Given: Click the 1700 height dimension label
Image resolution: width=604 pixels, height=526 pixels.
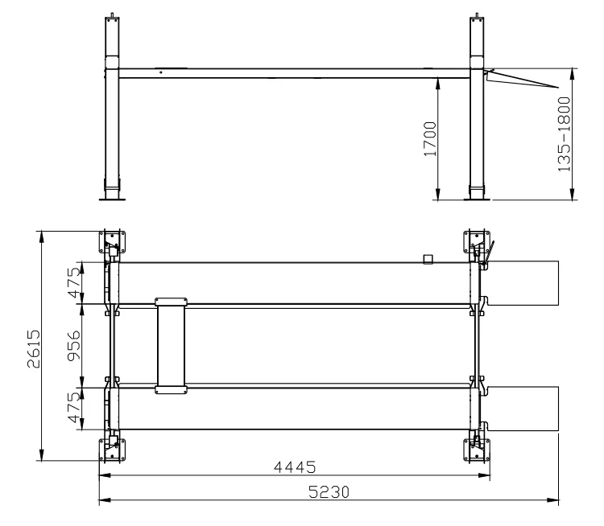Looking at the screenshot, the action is [430, 139].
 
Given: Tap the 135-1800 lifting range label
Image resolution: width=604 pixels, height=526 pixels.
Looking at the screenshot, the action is [564, 134].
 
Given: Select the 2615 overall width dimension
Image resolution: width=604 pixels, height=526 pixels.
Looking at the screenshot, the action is [34, 348].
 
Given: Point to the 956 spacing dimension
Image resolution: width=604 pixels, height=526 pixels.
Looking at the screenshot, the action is [74, 346].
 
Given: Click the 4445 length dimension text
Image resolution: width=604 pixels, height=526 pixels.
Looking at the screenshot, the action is [295, 467].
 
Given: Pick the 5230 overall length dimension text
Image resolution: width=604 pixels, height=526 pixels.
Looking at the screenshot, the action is [329, 491].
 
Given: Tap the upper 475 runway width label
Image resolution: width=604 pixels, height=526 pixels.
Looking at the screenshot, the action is [75, 283].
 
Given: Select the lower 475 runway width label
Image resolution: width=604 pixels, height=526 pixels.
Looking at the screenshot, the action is [75, 408].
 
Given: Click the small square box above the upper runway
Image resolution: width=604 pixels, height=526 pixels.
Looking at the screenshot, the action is [428, 259].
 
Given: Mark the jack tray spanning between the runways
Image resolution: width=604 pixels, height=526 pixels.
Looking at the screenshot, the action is [172, 346].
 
